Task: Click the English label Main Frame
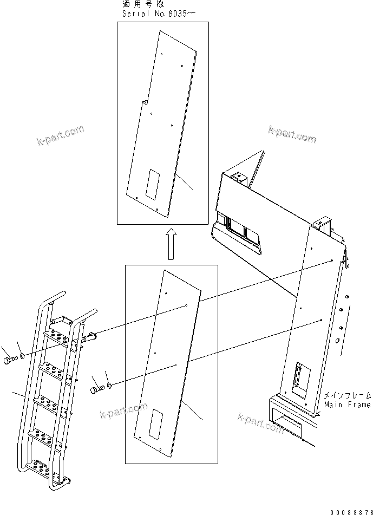click(x=348, y=405)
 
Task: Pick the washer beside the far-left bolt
click(x=22, y=356)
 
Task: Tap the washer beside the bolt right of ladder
click(x=109, y=385)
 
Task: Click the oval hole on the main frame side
click(x=338, y=341)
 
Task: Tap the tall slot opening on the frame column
click(x=299, y=375)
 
